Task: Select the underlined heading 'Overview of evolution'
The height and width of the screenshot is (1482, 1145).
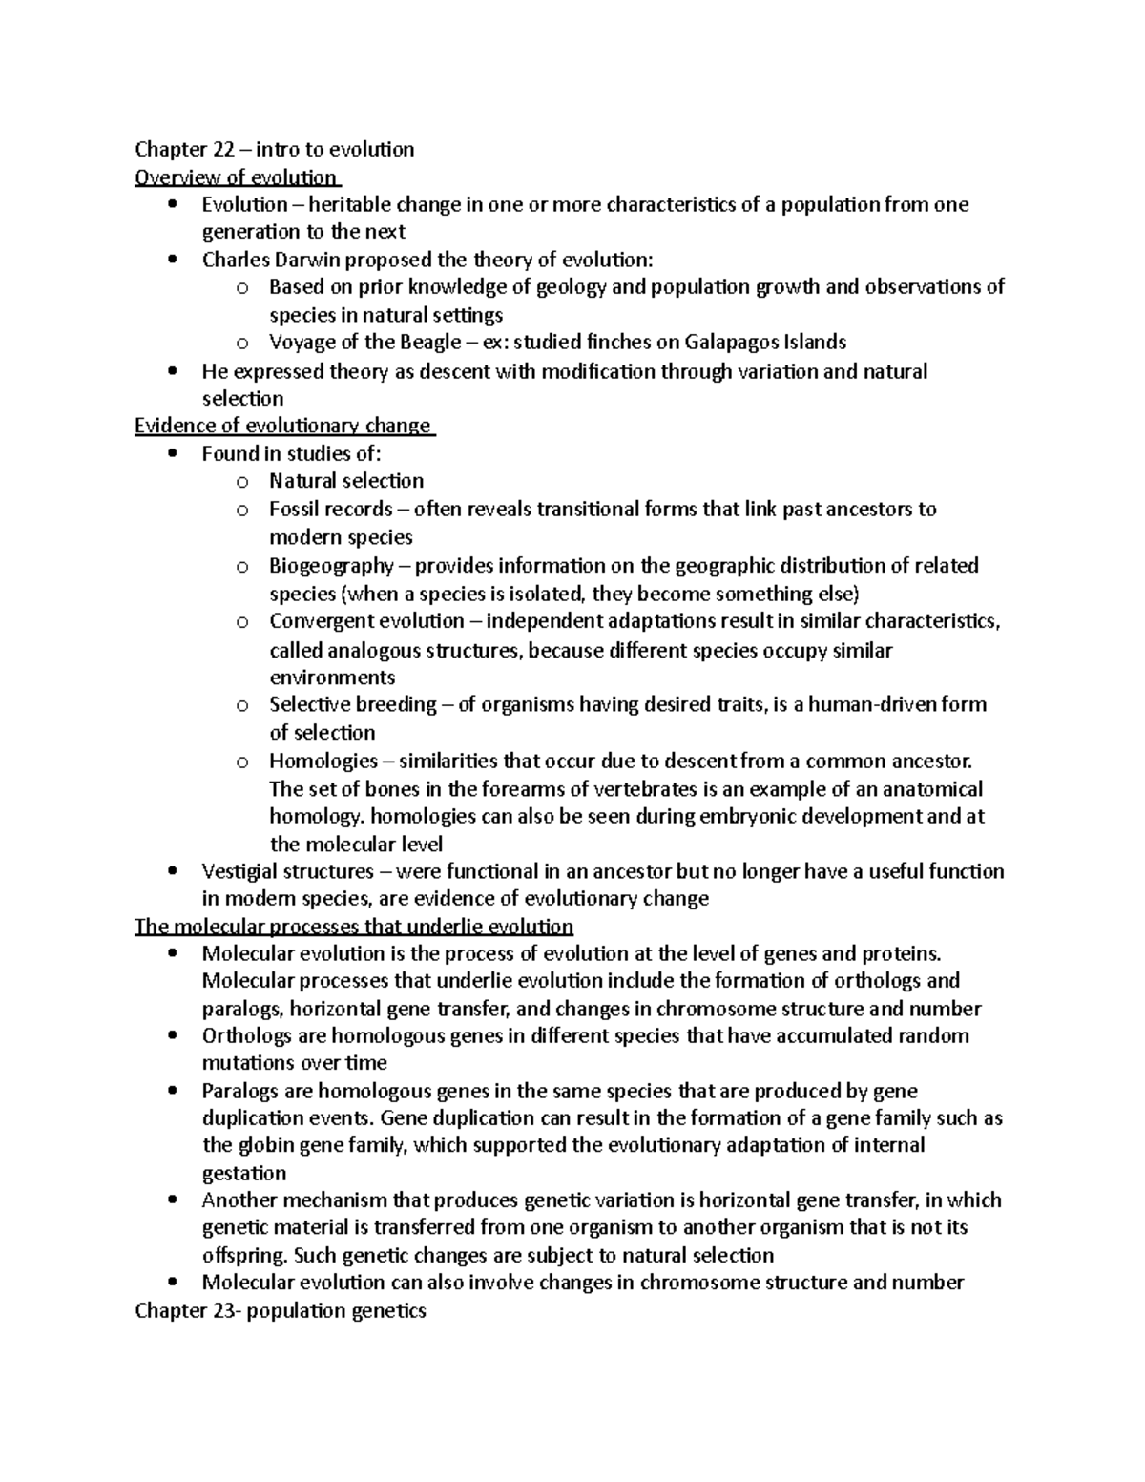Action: coord(237,177)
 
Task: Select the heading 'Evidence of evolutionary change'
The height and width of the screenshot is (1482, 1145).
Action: coord(283,426)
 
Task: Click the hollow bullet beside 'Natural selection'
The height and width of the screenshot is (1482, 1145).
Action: coord(242,482)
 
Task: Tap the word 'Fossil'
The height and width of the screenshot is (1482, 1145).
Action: coord(296,509)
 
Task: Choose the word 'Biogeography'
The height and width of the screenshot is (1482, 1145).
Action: coord(331,565)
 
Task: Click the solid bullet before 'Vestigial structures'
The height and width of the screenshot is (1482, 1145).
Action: coord(172,871)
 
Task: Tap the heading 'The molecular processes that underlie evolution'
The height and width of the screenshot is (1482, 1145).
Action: coord(354,927)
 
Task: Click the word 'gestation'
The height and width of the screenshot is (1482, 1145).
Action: coord(244,1173)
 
